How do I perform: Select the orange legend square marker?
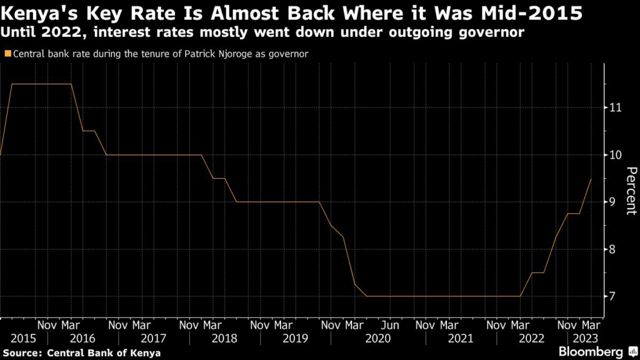click(7, 54)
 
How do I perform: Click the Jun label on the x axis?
click(390, 325)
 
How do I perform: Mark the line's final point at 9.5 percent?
click(591, 179)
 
